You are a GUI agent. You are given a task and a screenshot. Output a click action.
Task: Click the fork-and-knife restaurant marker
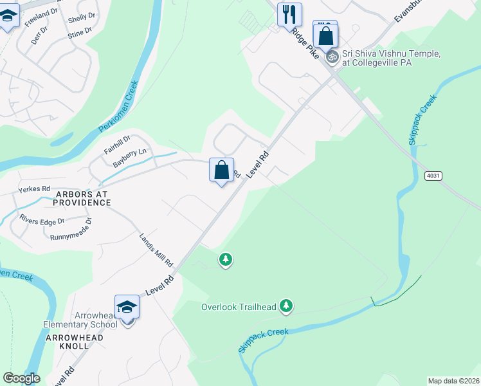click(x=289, y=14)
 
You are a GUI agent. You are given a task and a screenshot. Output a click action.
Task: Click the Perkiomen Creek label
click(x=118, y=106)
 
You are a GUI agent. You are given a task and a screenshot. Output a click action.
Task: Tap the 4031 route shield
click(x=434, y=176)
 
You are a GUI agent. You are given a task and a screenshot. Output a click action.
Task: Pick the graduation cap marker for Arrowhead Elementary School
click(x=127, y=308)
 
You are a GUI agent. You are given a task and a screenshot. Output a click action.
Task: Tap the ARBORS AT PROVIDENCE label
click(x=82, y=198)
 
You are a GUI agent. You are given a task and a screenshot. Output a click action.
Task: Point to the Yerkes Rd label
click(x=34, y=188)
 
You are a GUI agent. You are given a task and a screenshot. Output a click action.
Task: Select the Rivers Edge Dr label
click(x=42, y=220)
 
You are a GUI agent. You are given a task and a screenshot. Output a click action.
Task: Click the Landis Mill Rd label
click(x=156, y=250)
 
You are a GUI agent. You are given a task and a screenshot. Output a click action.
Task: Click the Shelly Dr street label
click(x=82, y=15)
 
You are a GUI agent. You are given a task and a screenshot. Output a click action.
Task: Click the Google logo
click(x=21, y=378)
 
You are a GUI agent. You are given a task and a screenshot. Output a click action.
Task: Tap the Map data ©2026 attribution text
click(x=453, y=381)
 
